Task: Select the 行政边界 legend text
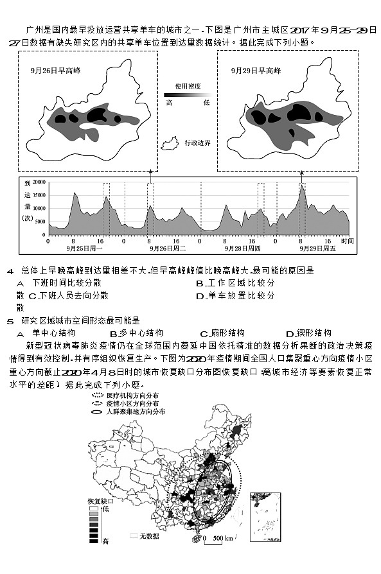(x=198, y=143)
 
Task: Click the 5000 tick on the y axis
(x=40, y=222)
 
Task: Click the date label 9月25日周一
(x=85, y=248)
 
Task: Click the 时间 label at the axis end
(x=347, y=241)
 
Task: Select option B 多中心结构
(x=136, y=333)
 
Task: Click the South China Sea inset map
(x=265, y=517)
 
